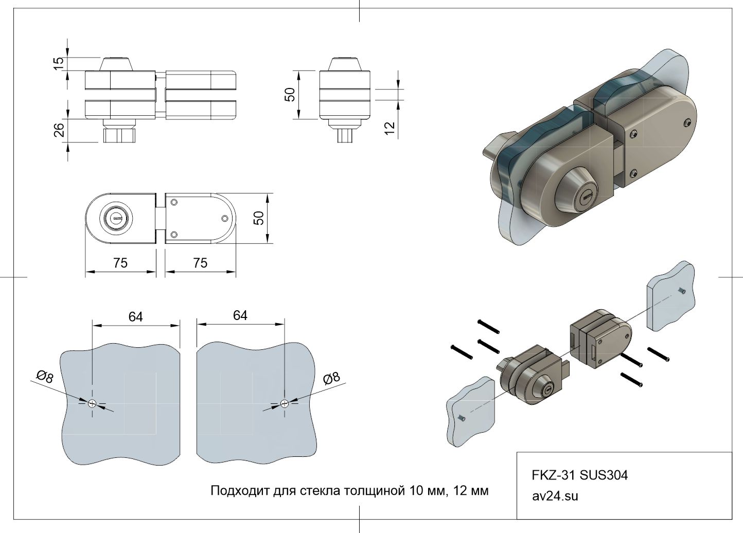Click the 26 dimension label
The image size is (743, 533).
[x=59, y=130]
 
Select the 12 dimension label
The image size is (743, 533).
[x=390, y=127]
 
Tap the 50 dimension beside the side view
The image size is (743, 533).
[x=290, y=95]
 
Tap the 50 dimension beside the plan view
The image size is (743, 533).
[x=259, y=218]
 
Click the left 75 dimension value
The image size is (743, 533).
[x=120, y=263]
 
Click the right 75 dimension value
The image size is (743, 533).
[x=200, y=263]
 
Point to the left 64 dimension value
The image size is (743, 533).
[x=135, y=317]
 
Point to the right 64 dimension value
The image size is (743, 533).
[x=240, y=315]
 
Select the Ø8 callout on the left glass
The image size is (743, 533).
[x=45, y=377]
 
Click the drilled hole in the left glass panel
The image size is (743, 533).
[x=92, y=403]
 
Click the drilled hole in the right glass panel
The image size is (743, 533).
[x=284, y=403]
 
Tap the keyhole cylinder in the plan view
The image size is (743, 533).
[x=115, y=219]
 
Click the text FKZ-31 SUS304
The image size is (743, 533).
[x=579, y=475]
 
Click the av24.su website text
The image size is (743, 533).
[x=555, y=496]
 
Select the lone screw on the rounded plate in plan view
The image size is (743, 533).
[x=225, y=218]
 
